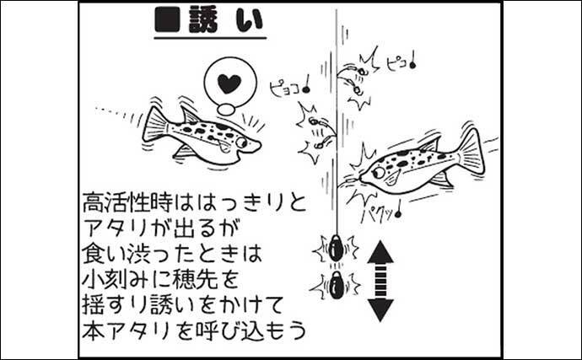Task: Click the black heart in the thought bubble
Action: pos(229,83)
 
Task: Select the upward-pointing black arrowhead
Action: pos(380,252)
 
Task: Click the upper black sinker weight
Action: pos(334,248)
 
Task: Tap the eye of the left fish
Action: pos(241,142)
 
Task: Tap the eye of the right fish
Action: pos(379,172)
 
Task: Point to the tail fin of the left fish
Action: pos(155,124)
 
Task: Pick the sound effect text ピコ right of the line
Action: pos(400,63)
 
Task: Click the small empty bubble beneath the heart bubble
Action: pos(225,110)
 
